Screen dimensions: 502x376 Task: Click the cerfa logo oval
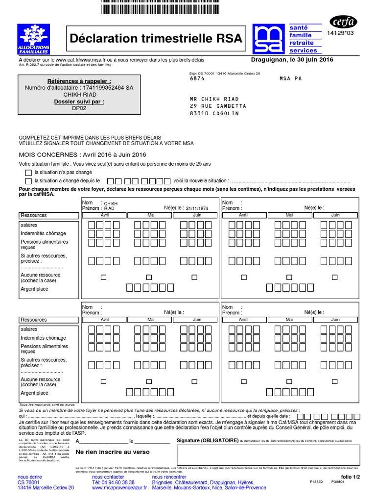[344, 22]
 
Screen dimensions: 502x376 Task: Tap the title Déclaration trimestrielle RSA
[156, 39]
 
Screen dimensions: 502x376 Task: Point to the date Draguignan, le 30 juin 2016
[292, 60]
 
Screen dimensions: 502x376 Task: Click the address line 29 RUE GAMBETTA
[218, 106]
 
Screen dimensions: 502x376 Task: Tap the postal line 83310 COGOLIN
[214, 113]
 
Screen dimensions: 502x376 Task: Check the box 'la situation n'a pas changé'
[28, 173]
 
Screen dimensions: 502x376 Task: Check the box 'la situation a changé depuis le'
[28, 181]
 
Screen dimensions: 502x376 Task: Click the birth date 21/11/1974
[197, 208]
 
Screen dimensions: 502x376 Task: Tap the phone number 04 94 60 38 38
[113, 482]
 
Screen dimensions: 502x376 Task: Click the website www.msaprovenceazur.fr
[119, 488]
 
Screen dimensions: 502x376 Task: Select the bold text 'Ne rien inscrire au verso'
[112, 452]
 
